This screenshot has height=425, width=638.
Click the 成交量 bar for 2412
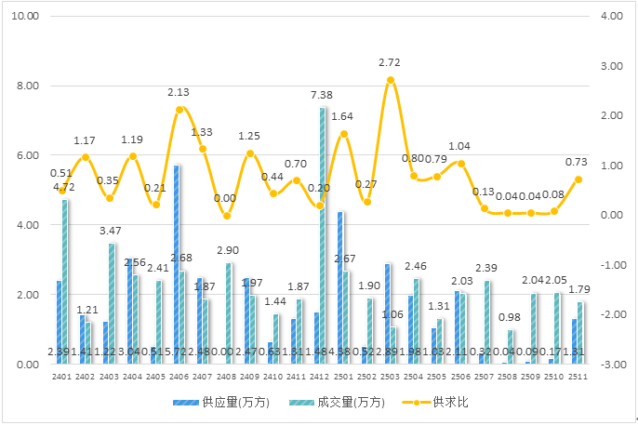pos(323,236)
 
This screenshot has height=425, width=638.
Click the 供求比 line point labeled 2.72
pos(391,80)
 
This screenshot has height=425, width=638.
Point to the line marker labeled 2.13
pos(179,110)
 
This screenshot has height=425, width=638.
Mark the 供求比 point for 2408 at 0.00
pos(226,216)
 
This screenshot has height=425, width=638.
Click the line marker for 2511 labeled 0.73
pos(578,179)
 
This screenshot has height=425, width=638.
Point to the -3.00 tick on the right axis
pos(611,365)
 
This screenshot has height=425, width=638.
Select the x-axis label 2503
pos(391,378)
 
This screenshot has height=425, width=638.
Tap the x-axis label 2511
pos(578,378)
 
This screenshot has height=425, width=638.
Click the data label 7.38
pos(322,95)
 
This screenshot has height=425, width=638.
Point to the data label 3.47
pos(111,230)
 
